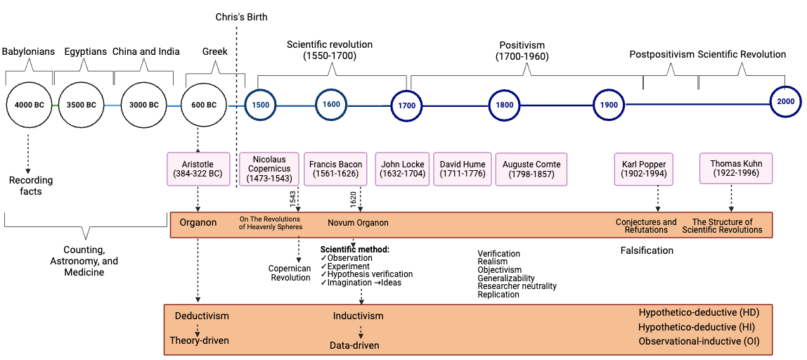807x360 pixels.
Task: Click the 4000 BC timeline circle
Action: click(x=29, y=105)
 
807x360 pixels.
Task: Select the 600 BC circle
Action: click(x=204, y=105)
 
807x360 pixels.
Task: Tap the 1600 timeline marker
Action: click(x=331, y=105)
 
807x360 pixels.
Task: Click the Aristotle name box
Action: click(x=199, y=169)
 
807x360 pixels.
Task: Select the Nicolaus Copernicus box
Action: click(x=269, y=169)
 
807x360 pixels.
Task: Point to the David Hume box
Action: click(x=462, y=169)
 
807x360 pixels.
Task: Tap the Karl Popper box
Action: click(x=643, y=169)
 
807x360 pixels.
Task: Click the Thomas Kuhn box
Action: click(x=736, y=169)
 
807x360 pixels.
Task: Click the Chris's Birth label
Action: click(x=241, y=17)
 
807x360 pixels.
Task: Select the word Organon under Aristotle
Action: click(x=198, y=223)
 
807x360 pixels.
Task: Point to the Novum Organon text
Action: click(x=358, y=223)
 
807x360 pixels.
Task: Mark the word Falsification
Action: click(x=647, y=250)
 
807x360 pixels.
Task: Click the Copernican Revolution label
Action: click(x=290, y=273)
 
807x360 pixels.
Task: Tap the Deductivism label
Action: click(x=202, y=316)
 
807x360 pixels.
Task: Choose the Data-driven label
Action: click(x=354, y=345)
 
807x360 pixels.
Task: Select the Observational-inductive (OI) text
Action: click(x=699, y=342)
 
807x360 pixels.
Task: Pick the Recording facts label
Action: click(x=31, y=186)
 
